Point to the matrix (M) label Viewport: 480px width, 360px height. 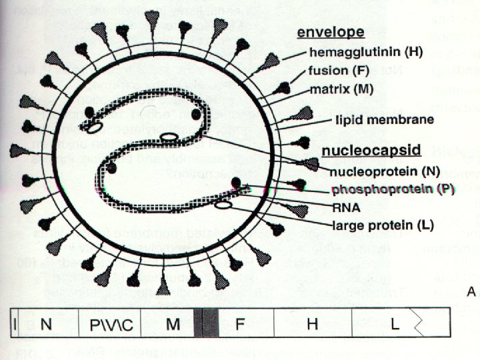point(341,87)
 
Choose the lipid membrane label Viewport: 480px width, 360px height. point(383,121)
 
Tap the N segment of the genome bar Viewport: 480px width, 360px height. point(46,325)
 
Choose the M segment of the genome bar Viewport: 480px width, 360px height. point(173,325)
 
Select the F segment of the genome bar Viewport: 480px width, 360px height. point(240,325)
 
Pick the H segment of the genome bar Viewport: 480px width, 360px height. point(311,325)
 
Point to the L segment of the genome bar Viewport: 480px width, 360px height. point(395,325)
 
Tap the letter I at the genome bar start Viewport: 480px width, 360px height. point(13,325)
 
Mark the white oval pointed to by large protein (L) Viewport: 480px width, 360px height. point(223,206)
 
